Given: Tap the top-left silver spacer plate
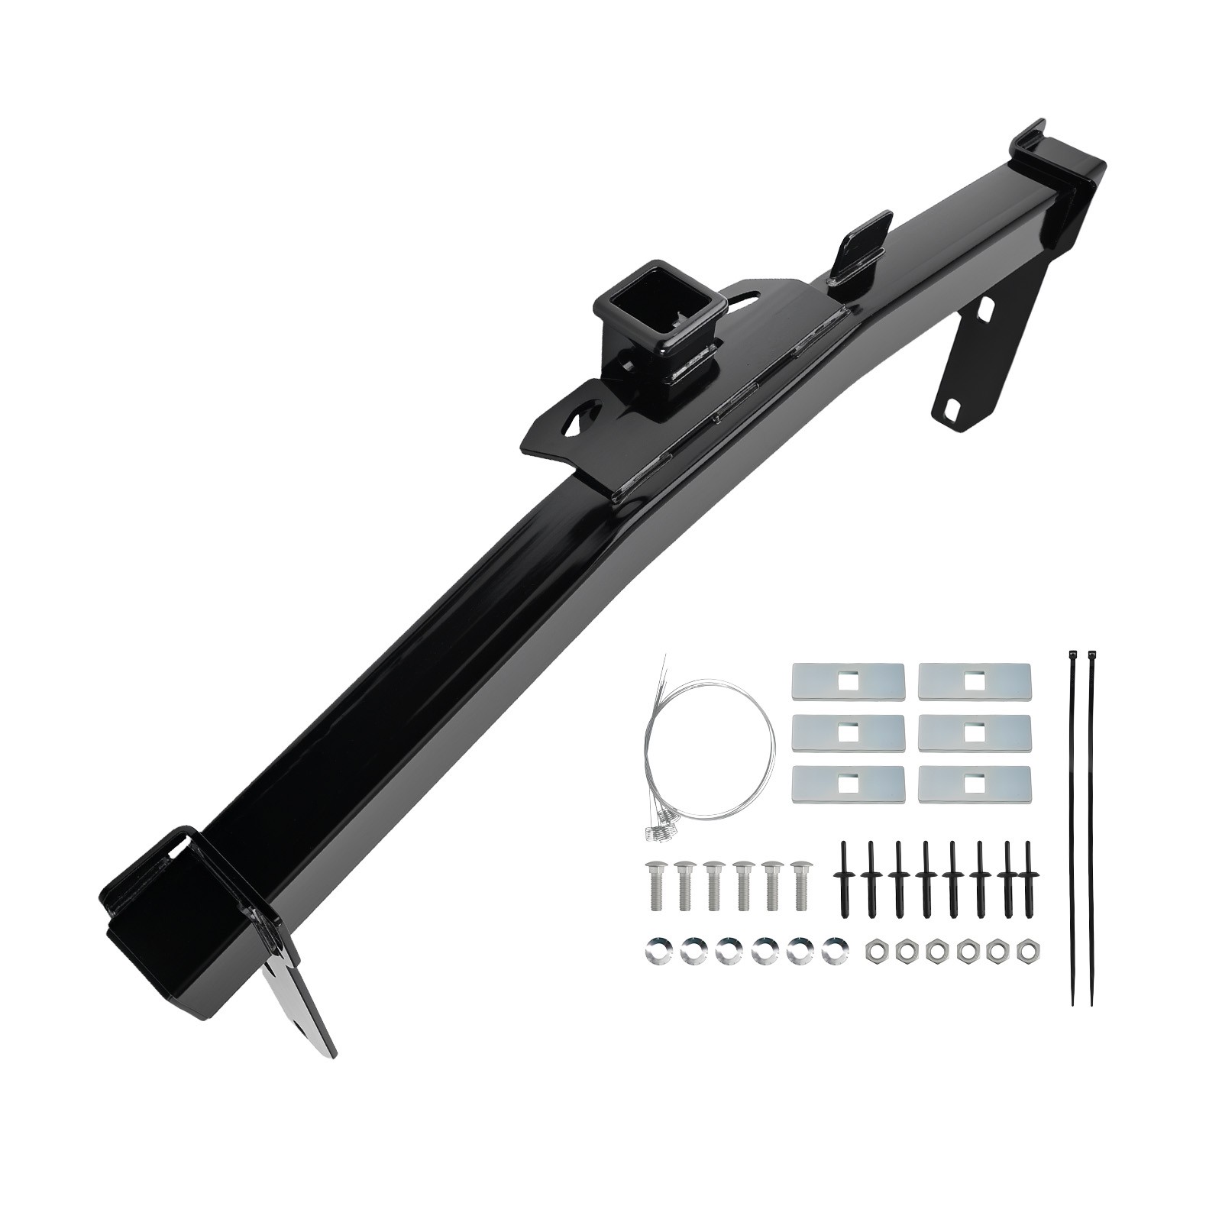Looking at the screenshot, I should tap(849, 679).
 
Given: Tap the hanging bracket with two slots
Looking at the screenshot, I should tap(968, 359).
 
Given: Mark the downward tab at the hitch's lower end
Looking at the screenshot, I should tap(302, 1008).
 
